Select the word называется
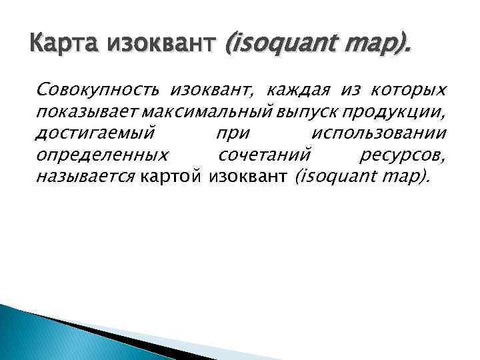(86, 177)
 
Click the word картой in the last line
(172, 177)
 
